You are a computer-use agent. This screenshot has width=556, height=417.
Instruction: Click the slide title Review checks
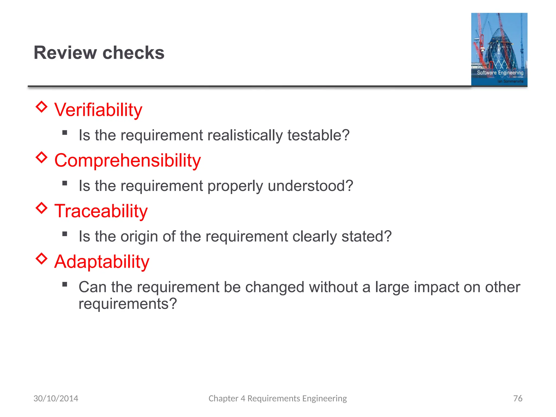pos(99,52)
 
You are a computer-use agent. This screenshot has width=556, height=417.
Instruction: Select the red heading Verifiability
pos(98,110)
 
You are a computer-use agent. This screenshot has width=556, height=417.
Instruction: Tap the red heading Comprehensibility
pos(127,160)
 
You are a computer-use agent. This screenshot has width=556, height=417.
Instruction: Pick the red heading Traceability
pos(101,211)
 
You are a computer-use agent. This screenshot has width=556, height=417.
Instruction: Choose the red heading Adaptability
pos(102,261)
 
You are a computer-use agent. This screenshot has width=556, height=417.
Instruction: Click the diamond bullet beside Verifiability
pos(42,107)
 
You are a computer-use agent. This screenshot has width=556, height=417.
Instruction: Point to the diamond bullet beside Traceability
pos(42,208)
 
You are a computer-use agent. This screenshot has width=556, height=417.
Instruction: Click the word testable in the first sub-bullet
pos(318,135)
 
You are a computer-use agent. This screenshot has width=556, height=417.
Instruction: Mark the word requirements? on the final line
pos(128,304)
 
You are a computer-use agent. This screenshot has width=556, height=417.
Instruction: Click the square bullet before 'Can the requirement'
pos(65,284)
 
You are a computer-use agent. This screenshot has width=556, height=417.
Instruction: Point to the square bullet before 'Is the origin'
pos(65,234)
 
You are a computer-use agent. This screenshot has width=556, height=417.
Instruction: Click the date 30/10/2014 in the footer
pos(56,398)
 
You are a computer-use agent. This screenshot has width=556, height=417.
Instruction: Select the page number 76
pos(518,398)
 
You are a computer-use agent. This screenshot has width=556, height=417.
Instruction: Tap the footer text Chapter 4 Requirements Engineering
pos(277,398)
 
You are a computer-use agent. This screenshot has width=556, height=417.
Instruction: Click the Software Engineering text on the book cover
pos(500,72)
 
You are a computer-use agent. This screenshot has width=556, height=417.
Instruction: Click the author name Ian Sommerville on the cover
pos(510,81)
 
